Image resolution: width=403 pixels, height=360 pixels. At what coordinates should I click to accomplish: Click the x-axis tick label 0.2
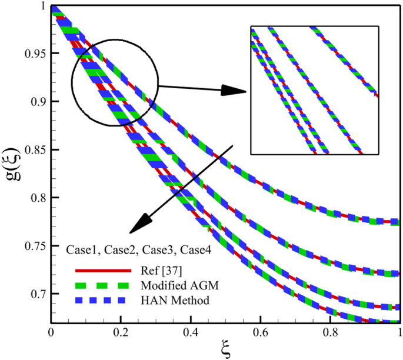(121, 331)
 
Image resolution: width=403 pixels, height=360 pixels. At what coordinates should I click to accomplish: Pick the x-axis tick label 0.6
(261, 331)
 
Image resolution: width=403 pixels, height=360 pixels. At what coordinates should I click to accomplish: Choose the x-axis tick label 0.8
(331, 331)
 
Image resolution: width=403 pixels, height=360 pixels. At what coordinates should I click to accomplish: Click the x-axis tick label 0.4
(191, 331)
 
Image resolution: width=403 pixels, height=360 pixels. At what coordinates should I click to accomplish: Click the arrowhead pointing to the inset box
(238, 91)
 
